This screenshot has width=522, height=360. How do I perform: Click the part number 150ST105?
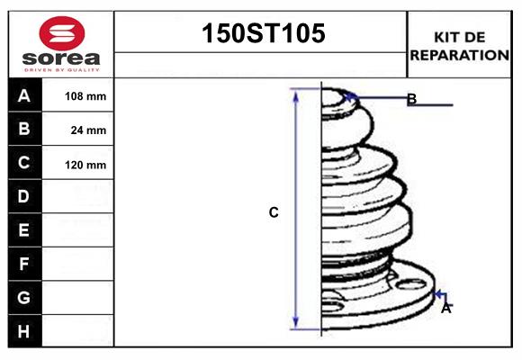261,34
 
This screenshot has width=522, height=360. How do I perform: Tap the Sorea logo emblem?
61,33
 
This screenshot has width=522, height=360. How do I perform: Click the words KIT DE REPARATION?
460,45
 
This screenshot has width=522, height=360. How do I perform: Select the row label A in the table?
24,95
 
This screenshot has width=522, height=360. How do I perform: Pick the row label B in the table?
24,129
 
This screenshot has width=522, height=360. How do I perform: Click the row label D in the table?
24,196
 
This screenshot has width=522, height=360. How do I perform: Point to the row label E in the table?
24,230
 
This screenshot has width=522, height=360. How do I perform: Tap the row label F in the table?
24,264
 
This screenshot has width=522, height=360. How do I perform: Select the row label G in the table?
24,297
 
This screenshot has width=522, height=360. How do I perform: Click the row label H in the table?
24,331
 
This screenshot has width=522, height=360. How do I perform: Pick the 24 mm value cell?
88,130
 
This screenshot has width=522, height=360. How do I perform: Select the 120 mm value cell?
85,165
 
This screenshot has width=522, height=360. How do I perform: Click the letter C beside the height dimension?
274,213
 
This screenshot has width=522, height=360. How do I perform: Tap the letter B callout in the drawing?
411,99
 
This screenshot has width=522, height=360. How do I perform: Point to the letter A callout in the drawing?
445,308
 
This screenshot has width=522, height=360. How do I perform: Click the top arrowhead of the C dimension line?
296,93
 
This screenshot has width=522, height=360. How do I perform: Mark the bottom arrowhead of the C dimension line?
296,325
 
